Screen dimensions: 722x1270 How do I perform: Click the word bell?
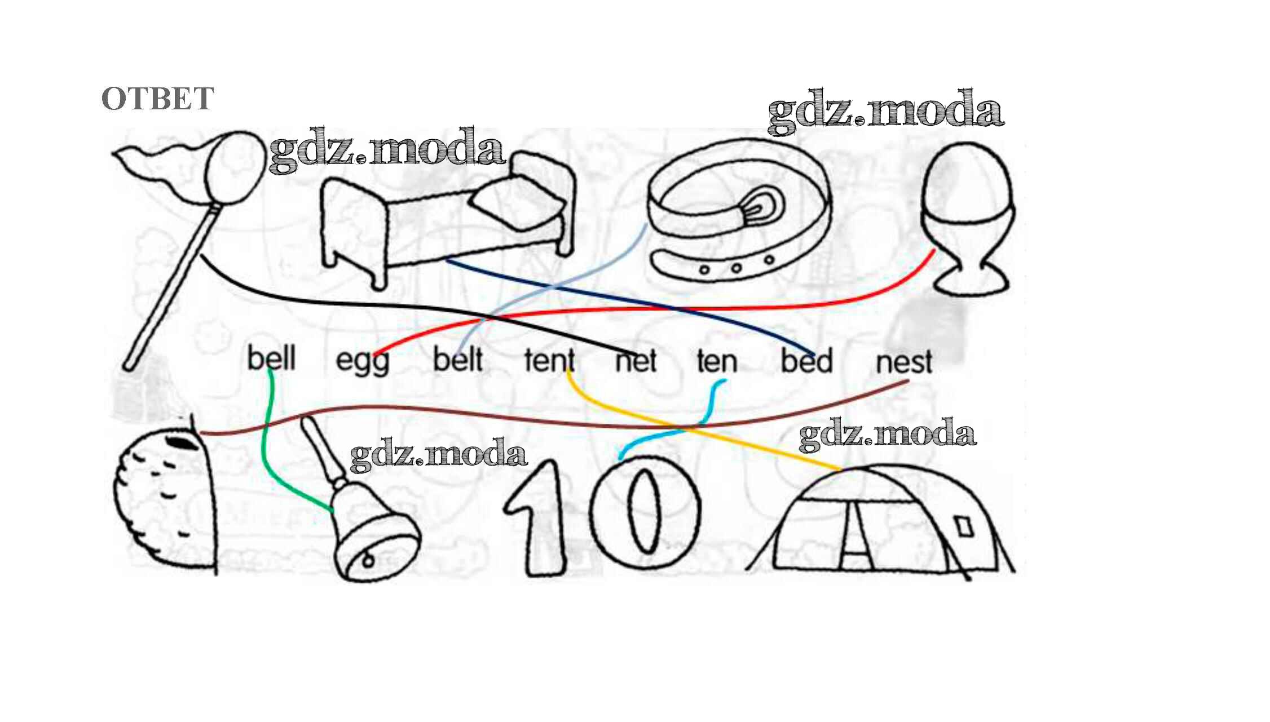pos(271,358)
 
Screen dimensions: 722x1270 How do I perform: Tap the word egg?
pos(362,361)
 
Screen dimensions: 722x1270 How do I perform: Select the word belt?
pos(457,360)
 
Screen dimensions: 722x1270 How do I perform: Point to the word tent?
pos(549,360)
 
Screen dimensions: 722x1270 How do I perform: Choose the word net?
pos(636,361)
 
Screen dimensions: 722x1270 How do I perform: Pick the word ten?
pos(717,361)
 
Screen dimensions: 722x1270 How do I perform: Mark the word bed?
pos(806,361)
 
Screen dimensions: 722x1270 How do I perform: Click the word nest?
pos(903,362)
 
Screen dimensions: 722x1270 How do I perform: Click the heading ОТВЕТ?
pos(157,99)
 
